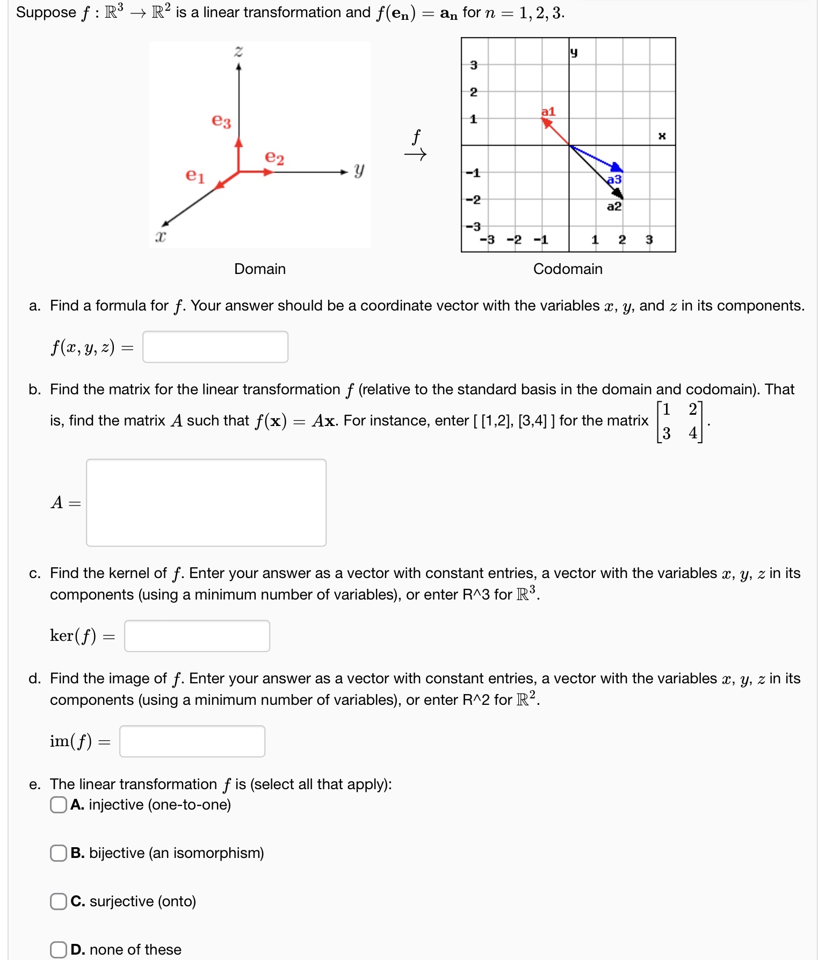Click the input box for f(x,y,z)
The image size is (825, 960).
point(215,347)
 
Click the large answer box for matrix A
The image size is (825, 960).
point(206,502)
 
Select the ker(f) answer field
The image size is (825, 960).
point(197,636)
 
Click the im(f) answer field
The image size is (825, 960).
point(192,741)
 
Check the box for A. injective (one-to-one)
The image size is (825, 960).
point(58,805)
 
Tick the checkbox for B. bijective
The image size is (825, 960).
point(58,853)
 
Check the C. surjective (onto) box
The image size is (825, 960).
point(58,901)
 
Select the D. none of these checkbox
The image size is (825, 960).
point(58,950)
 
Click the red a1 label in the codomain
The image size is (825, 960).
point(548,112)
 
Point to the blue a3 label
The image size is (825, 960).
point(614,179)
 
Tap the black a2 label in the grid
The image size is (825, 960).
point(614,206)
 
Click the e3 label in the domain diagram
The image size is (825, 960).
point(221,121)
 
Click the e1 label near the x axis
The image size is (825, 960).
point(195,175)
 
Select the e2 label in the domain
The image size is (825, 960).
point(274,157)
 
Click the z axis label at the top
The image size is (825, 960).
point(238,52)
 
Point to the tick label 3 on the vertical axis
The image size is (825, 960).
point(473,65)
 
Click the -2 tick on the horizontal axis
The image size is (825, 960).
point(514,240)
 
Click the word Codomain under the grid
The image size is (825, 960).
point(568,269)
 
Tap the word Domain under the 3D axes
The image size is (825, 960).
point(260,269)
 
